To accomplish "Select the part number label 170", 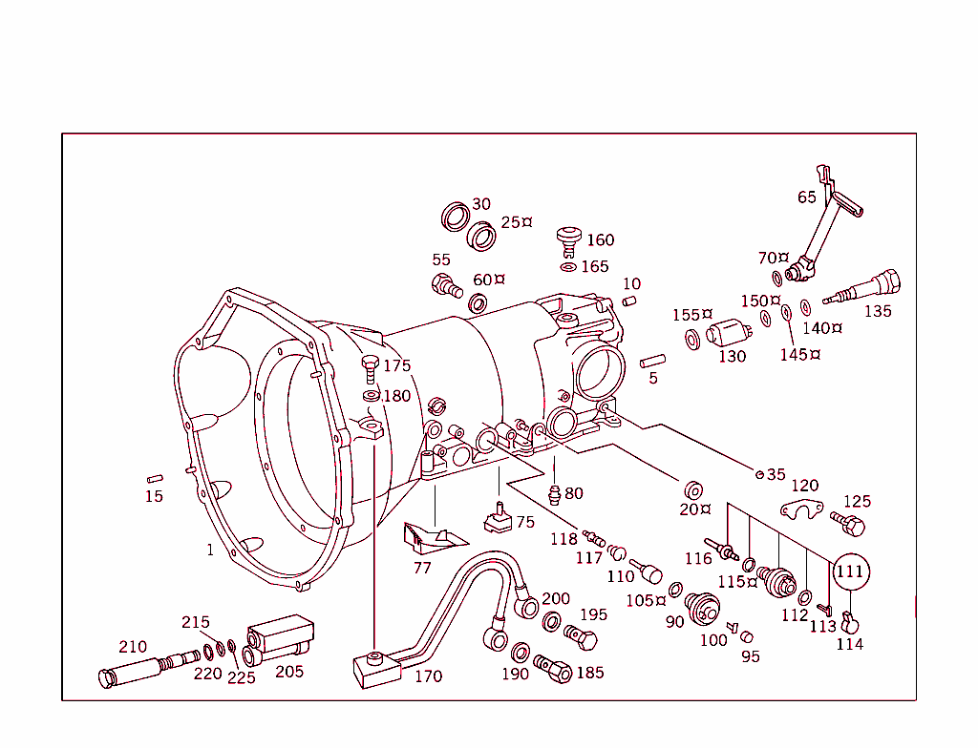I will click(x=428, y=676).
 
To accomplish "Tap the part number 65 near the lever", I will click(x=807, y=197).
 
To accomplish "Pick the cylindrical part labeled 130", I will click(x=730, y=337).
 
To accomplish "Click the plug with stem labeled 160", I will click(x=571, y=238).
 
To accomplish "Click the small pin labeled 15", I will click(x=154, y=478).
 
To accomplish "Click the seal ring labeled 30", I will click(x=457, y=217).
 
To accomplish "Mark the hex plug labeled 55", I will click(x=445, y=283).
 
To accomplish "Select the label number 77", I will click(x=422, y=568).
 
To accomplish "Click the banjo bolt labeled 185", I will click(x=554, y=668).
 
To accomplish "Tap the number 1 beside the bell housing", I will click(x=210, y=550).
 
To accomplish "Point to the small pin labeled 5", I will click(x=652, y=362).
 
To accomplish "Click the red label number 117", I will click(x=589, y=558).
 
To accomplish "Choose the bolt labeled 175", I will click(x=371, y=367).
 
